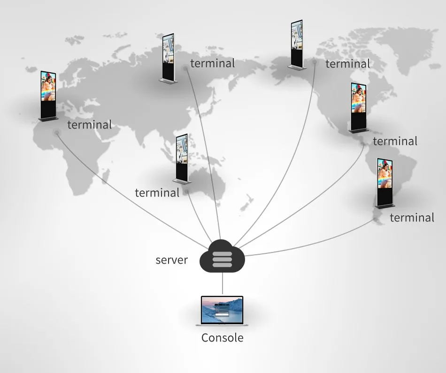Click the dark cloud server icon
pyautogui.click(x=222, y=256)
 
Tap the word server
pyautogui.click(x=171, y=260)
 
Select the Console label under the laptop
pyautogui.click(x=222, y=338)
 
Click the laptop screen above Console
pyautogui.click(x=222, y=310)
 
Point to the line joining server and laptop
pyautogui.click(x=223, y=283)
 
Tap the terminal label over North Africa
pyautogui.click(x=90, y=125)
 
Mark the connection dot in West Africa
pyautogui.click(x=57, y=132)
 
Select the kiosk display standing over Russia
pyautogui.click(x=169, y=59)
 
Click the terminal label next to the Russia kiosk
pyautogui.click(x=213, y=63)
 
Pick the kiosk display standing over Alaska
pyautogui.click(x=297, y=45)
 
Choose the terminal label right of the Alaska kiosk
pyautogui.click(x=347, y=64)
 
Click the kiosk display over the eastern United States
pyautogui.click(x=359, y=108)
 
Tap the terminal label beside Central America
pyautogui.click(x=395, y=141)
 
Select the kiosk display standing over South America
pyautogui.click(x=385, y=183)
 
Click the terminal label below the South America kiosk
pyautogui.click(x=412, y=218)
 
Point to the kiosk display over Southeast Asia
pyautogui.click(x=182, y=159)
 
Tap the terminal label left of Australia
pyautogui.click(x=157, y=193)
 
